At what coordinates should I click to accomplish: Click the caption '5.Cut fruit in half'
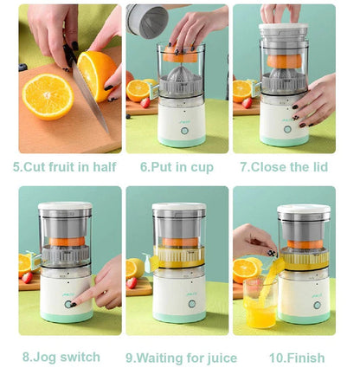point(66,166)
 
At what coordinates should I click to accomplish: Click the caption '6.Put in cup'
point(177,166)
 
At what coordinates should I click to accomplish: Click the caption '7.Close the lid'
point(284,166)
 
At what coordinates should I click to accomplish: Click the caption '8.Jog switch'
point(61,357)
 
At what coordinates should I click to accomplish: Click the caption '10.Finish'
point(296,357)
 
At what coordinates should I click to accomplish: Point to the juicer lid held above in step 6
point(147,19)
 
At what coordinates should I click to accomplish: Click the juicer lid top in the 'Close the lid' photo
point(284,29)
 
